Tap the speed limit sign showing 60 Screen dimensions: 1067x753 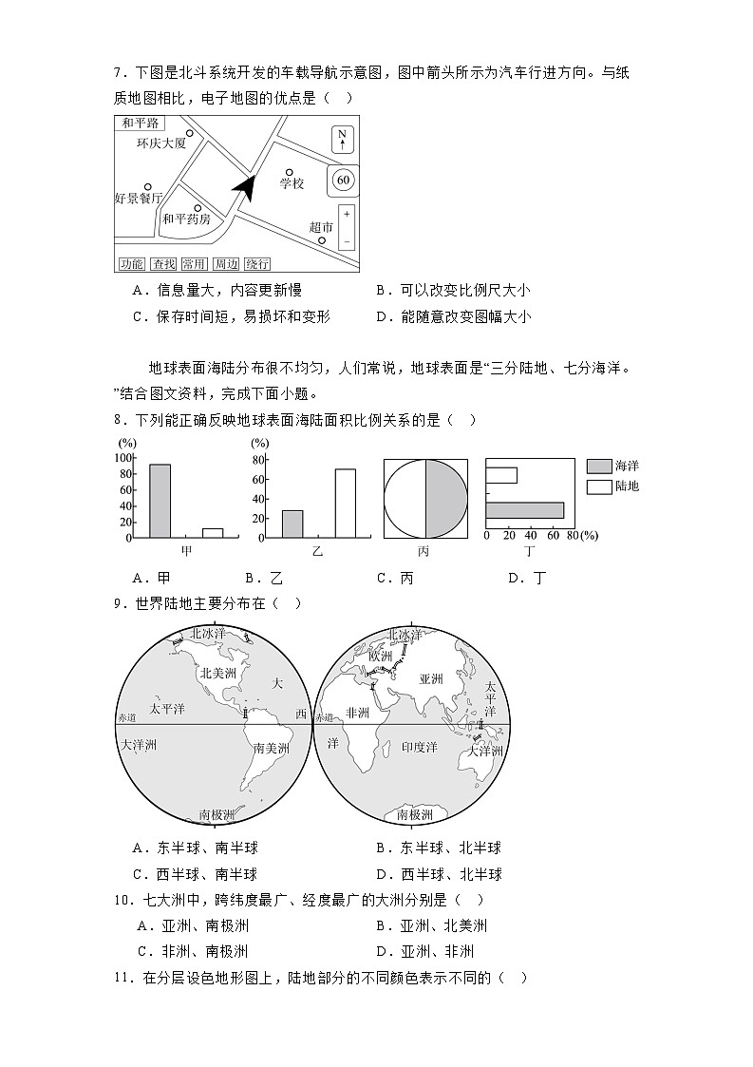[343, 179]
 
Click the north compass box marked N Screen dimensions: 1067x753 [343, 139]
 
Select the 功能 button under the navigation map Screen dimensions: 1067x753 [131, 263]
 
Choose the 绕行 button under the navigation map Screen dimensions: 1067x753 [256, 263]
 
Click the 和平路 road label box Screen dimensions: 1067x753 [139, 124]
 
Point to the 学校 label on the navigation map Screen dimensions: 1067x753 [291, 183]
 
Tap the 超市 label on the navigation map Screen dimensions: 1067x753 [321, 227]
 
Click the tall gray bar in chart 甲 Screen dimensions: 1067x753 [160, 501]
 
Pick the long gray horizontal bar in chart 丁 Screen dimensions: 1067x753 [524, 510]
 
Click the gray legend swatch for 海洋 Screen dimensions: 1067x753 [598, 466]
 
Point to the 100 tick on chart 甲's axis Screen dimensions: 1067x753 [123, 457]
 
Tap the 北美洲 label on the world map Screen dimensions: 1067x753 [218, 672]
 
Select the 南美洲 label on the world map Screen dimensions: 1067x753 [270, 748]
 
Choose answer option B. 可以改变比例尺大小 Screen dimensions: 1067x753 [452, 291]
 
